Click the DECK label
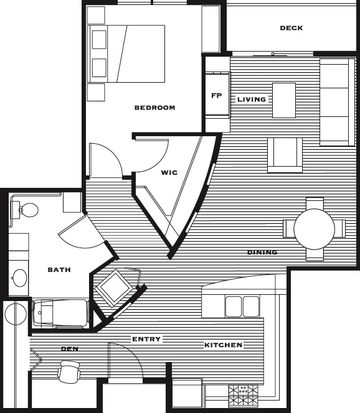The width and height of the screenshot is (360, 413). pyautogui.click(x=291, y=28)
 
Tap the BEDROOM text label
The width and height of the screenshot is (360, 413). pyautogui.click(x=155, y=108)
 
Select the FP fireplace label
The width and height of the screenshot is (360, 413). pyautogui.click(x=216, y=95)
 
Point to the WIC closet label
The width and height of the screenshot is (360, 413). pyautogui.click(x=169, y=173)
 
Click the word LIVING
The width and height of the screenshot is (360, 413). pyautogui.click(x=252, y=99)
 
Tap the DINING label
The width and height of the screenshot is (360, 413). pyautogui.click(x=262, y=252)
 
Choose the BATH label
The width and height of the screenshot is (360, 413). pyautogui.click(x=59, y=270)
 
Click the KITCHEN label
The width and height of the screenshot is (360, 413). pyautogui.click(x=223, y=345)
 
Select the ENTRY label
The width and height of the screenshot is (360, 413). pyautogui.click(x=146, y=339)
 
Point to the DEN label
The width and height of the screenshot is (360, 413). pyautogui.click(x=70, y=349)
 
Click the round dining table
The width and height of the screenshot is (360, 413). pyautogui.click(x=314, y=229)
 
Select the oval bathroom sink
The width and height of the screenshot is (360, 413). pyautogui.click(x=20, y=277)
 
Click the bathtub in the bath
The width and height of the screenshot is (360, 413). pyautogui.click(x=60, y=313)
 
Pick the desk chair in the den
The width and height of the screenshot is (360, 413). pyautogui.click(x=70, y=371)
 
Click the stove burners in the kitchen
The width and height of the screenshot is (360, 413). pyautogui.click(x=243, y=395)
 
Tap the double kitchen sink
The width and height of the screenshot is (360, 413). pyautogui.click(x=242, y=306)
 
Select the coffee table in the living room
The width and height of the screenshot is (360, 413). pyautogui.click(x=284, y=100)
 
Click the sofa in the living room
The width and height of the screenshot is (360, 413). pyautogui.click(x=337, y=102)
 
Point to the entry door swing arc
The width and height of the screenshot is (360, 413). pyautogui.click(x=133, y=353)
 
